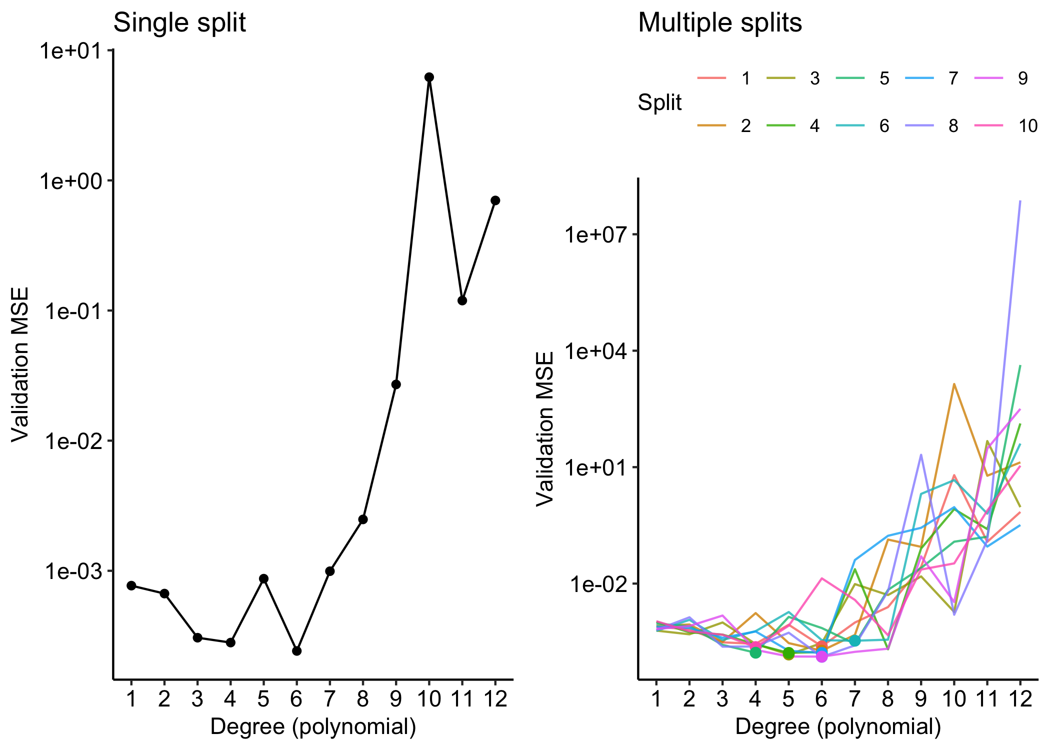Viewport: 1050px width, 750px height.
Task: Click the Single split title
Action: (179, 23)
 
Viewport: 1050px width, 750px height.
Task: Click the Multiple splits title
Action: (719, 23)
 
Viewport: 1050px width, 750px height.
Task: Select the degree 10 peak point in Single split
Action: (429, 77)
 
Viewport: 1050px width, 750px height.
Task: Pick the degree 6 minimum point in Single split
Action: (296, 651)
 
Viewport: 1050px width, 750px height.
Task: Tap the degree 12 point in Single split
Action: (495, 200)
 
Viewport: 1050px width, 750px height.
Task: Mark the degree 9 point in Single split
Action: (396, 384)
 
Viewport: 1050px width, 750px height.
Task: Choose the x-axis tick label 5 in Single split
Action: (263, 699)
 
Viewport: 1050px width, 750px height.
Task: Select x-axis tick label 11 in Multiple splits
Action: (987, 699)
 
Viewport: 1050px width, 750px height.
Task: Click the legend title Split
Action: (659, 102)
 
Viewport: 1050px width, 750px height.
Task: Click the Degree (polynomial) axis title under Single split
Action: (313, 726)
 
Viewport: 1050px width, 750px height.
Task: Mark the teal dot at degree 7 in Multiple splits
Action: (854, 640)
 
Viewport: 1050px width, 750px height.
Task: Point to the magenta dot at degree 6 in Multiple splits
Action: (821, 656)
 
